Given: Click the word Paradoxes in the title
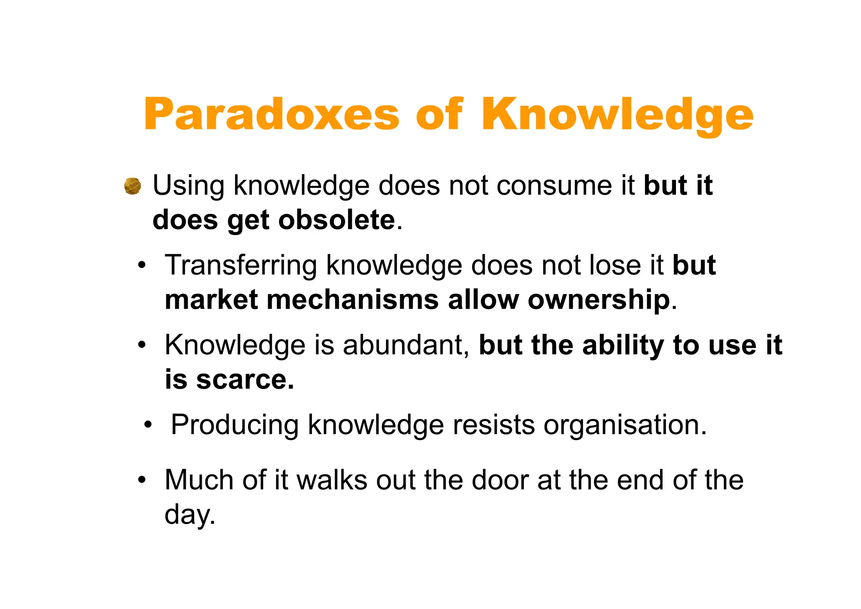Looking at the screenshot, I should click(x=271, y=114).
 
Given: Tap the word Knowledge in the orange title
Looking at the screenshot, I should click(x=617, y=114).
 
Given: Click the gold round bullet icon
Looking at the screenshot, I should click(x=132, y=186).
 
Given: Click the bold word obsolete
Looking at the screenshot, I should click(x=336, y=220).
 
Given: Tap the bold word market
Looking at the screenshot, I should click(x=211, y=300).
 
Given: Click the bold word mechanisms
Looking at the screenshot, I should click(x=352, y=300).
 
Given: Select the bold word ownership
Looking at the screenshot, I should click(x=599, y=300).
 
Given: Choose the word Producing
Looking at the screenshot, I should click(x=235, y=425).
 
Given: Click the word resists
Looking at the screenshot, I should click(x=494, y=425).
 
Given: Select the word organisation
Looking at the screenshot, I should click(x=625, y=425).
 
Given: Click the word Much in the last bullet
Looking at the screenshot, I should click(x=198, y=480).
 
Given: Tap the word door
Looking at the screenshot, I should click(x=500, y=480).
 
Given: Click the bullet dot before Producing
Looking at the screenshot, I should click(x=147, y=425).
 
